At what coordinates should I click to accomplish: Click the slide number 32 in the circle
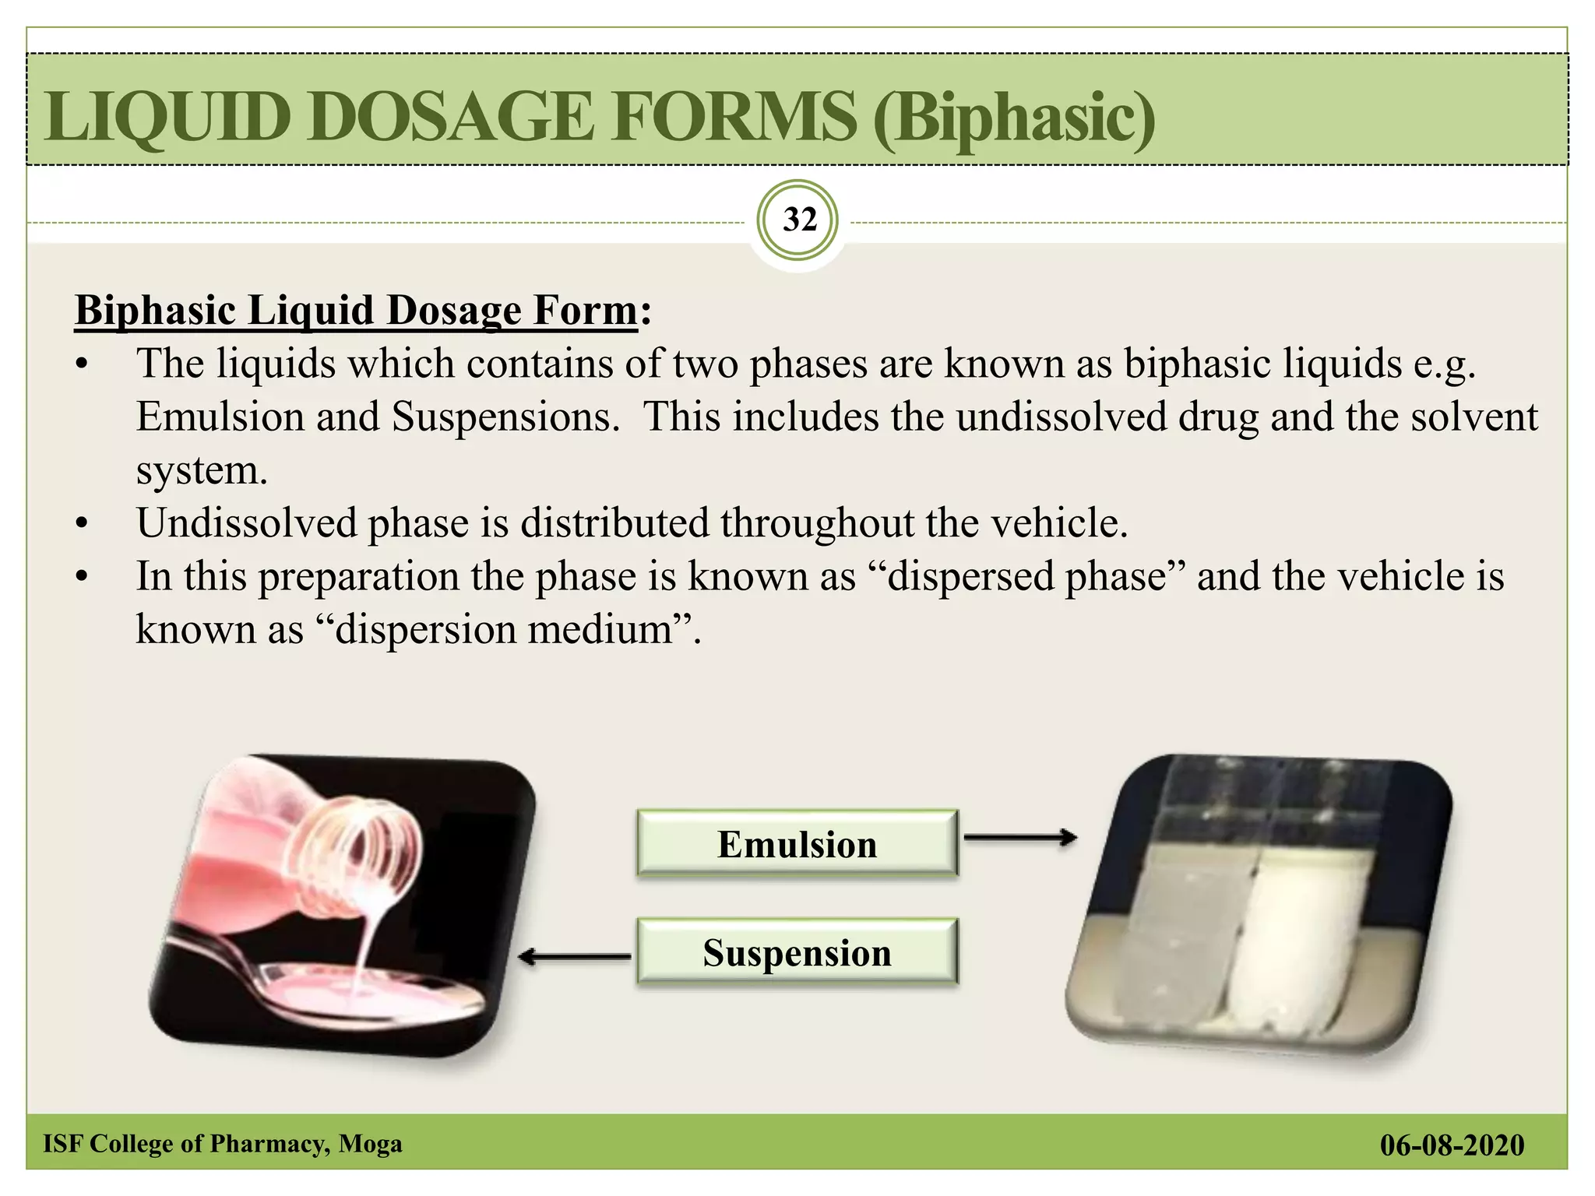tap(799, 220)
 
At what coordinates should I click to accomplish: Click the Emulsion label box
tap(797, 844)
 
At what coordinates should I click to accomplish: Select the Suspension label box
tap(797, 952)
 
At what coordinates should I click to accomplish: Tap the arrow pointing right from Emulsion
tap(1020, 838)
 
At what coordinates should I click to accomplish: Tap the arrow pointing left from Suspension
tap(575, 957)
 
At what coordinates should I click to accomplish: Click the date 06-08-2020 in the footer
tap(1452, 1145)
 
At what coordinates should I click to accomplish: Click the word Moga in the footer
tap(371, 1143)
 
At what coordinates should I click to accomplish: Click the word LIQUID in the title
tap(167, 117)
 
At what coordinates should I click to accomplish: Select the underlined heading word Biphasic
tap(155, 310)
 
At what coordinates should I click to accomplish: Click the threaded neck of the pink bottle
tap(366, 857)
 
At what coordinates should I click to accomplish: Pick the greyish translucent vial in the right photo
tap(1184, 934)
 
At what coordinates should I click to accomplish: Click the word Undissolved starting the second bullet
tap(246, 522)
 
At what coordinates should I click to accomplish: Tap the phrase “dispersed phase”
tap(1026, 576)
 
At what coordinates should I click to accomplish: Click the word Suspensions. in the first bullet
tap(505, 417)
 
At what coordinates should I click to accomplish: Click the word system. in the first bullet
tap(202, 470)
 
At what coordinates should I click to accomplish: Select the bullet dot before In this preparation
tap(82, 578)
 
